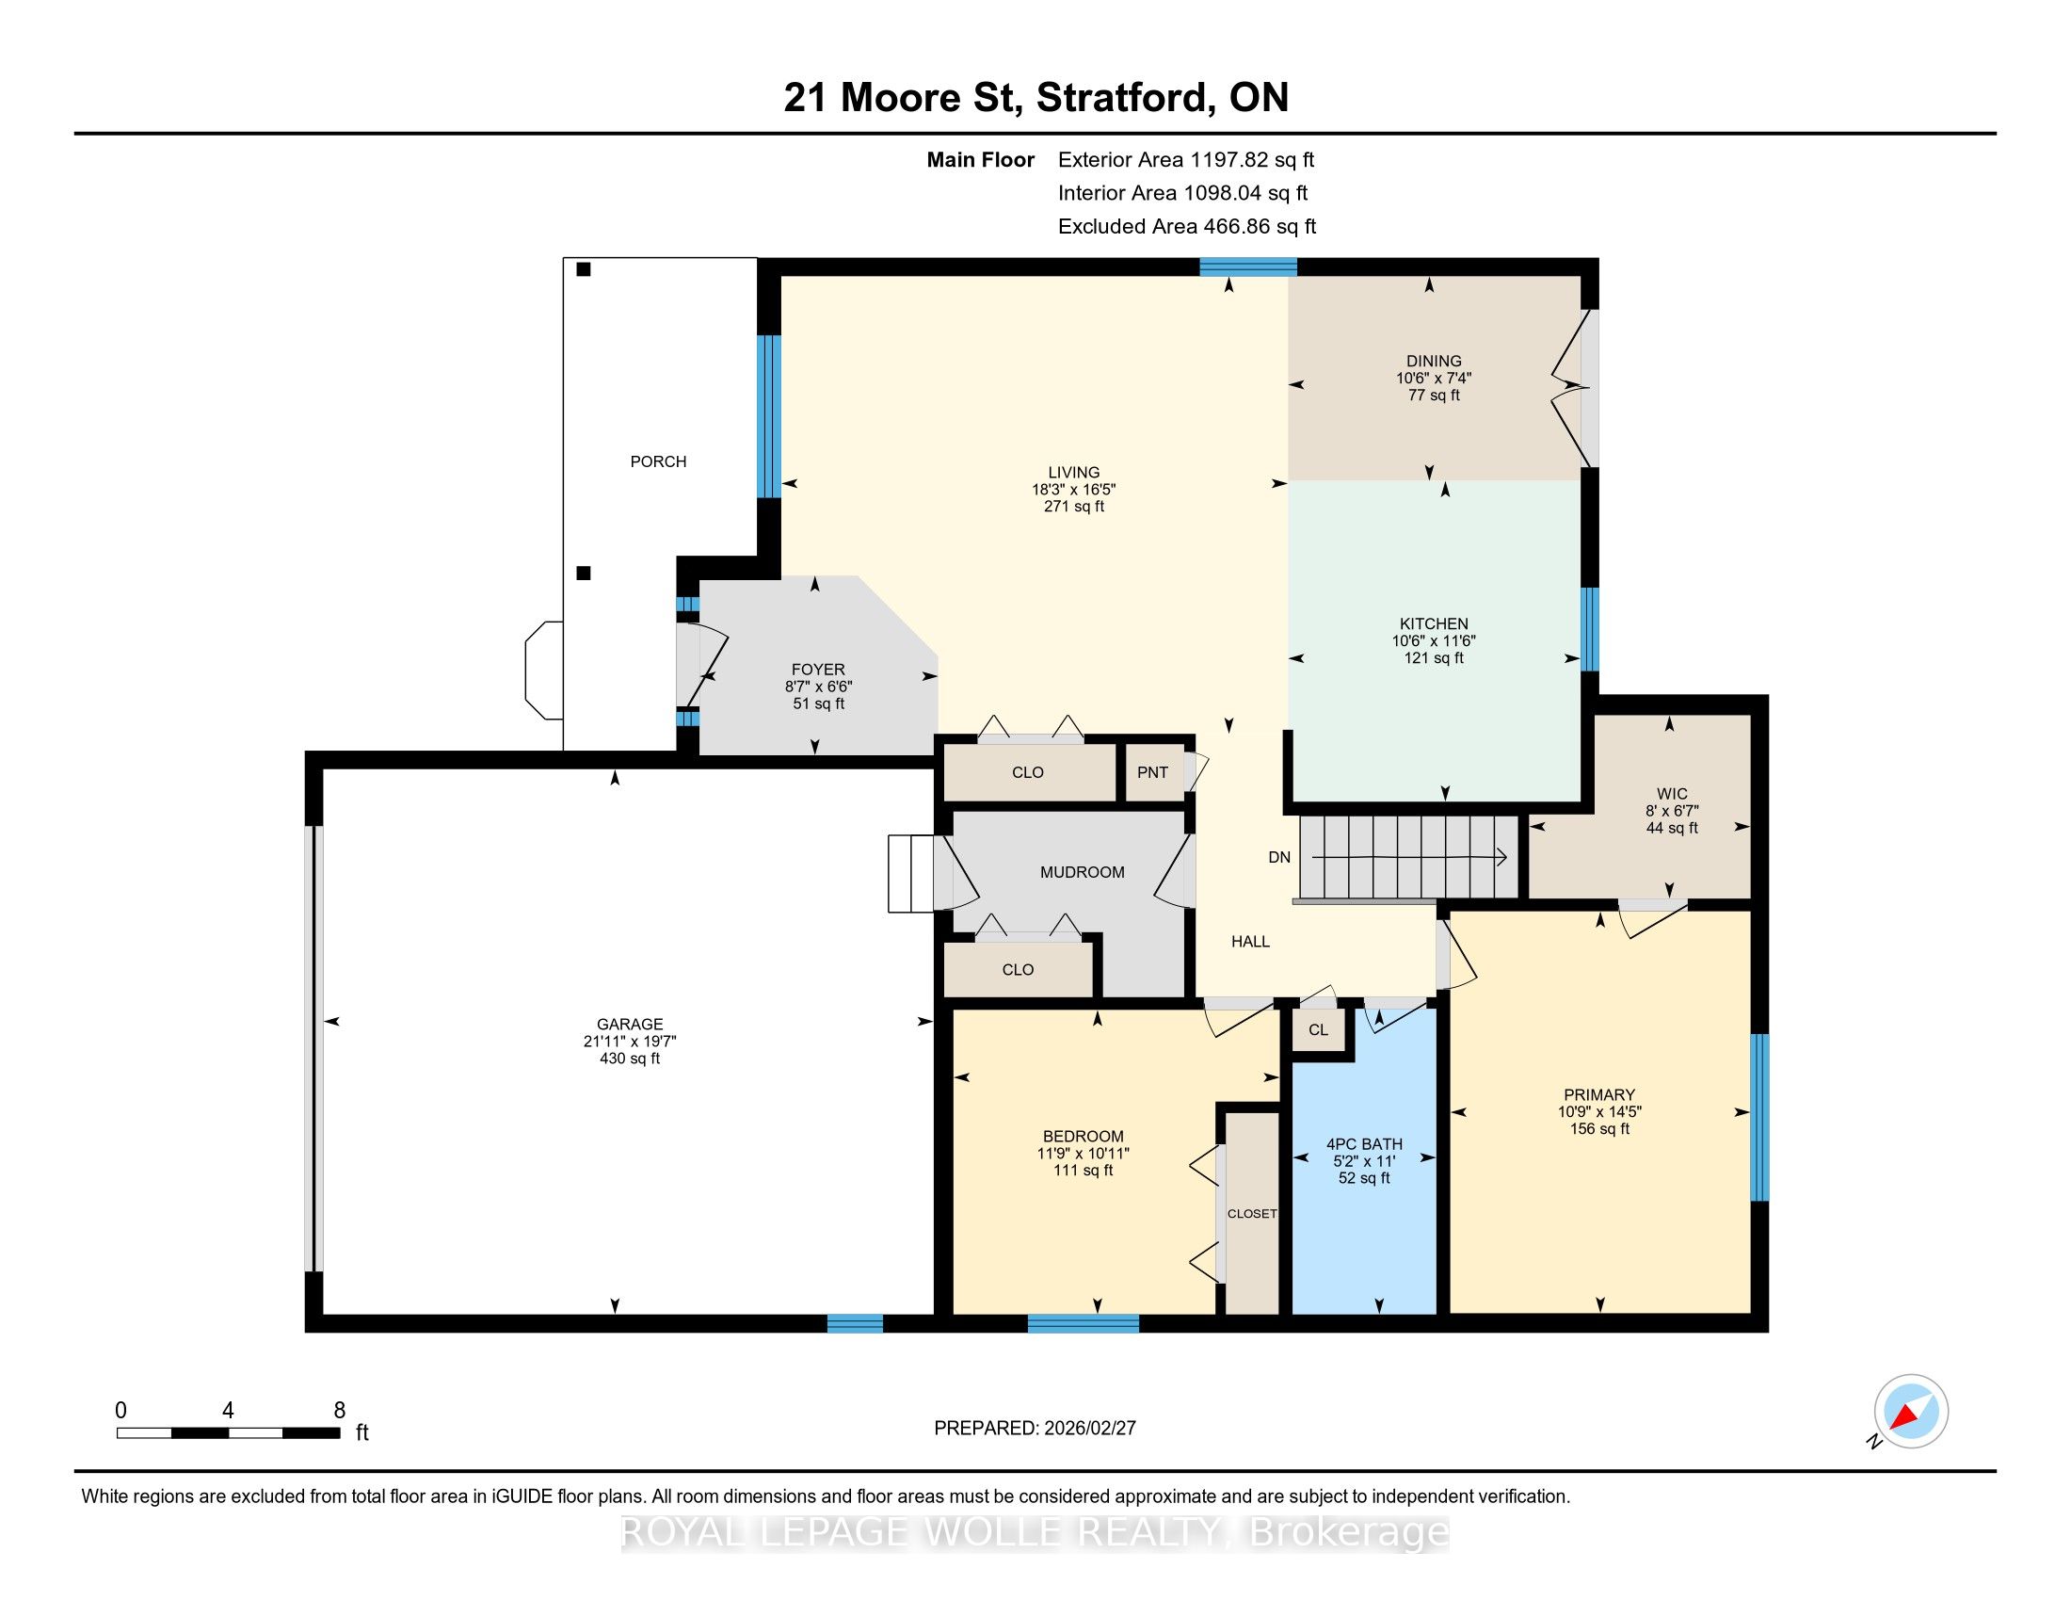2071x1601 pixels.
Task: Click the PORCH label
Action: [x=658, y=461]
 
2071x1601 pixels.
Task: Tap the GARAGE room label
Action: [x=630, y=1025]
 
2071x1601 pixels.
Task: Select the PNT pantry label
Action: [x=1152, y=772]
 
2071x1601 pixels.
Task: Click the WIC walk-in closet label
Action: [x=1672, y=794]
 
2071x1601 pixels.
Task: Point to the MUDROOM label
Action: [x=1082, y=873]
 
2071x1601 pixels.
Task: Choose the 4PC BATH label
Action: [x=1364, y=1145]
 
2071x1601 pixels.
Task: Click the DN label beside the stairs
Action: [x=1279, y=857]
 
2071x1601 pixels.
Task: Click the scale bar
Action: [x=229, y=1432]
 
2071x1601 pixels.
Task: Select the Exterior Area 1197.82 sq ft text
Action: [x=1186, y=159]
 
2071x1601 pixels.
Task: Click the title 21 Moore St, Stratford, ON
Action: [x=1035, y=98]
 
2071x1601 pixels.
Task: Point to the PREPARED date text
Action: [x=1035, y=1429]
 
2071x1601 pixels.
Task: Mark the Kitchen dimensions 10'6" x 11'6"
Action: [x=1434, y=641]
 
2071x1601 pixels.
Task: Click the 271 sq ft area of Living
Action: [x=1074, y=507]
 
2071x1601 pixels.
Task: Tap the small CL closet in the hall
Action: [x=1318, y=1030]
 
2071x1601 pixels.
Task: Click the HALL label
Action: [x=1250, y=942]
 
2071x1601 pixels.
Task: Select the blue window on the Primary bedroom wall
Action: [x=1759, y=1116]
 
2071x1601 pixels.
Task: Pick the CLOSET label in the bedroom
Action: [x=1252, y=1214]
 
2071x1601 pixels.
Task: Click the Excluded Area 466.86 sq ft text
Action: [x=1187, y=227]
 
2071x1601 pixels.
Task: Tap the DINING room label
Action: [x=1434, y=362]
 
